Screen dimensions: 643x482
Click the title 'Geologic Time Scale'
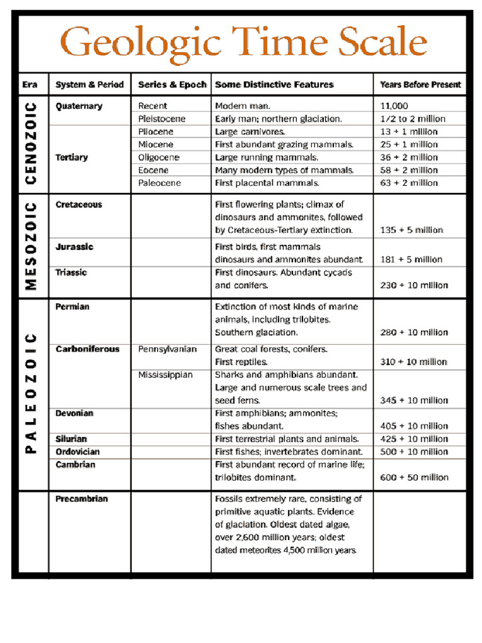(244, 43)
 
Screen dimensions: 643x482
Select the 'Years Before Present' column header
(420, 84)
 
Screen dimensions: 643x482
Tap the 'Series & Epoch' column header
(171, 84)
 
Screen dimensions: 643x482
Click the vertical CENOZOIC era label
(31, 144)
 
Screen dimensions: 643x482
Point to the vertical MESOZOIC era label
(31, 246)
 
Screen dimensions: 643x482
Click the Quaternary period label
(78, 106)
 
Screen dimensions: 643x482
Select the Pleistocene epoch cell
(161, 119)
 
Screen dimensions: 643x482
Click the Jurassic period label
(74, 247)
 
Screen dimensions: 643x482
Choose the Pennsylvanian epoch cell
(167, 349)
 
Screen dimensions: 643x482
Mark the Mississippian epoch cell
(165, 375)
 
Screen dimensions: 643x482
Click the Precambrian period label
(82, 499)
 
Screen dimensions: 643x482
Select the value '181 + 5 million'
(411, 259)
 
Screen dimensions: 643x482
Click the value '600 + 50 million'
(414, 477)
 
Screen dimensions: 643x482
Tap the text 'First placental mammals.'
(267, 183)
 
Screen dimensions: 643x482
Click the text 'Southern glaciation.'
(256, 332)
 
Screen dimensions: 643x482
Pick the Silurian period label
(71, 439)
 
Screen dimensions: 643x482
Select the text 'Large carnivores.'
(250, 132)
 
